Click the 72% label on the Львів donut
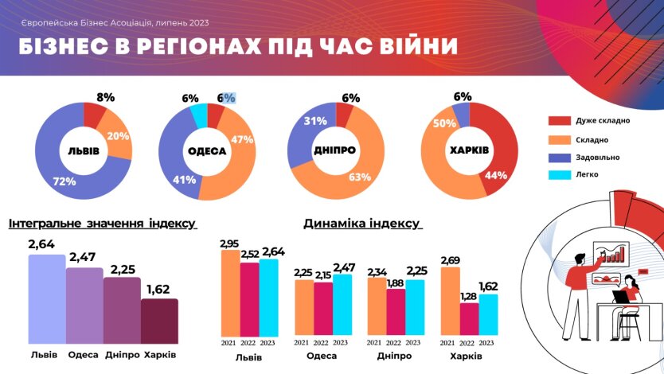pyautogui.click(x=64, y=181)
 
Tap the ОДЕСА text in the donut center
pyautogui.click(x=208, y=152)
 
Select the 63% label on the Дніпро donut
pyautogui.click(x=359, y=177)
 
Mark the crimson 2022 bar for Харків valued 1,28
pyautogui.click(x=469, y=319)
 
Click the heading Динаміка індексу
pyautogui.click(x=362, y=224)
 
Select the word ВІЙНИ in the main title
pyautogui.click(x=411, y=45)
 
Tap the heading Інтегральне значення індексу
pyautogui.click(x=102, y=224)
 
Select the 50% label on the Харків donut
pyautogui.click(x=444, y=123)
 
